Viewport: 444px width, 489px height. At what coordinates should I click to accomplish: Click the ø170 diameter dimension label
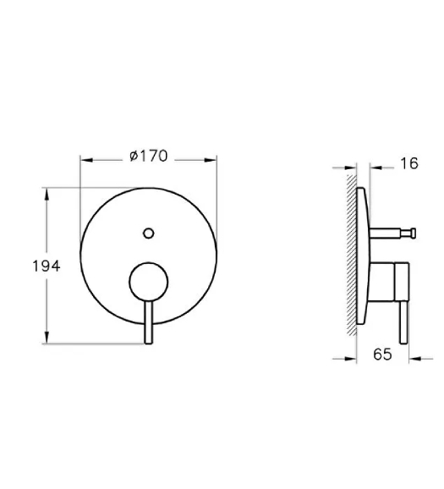click(149, 156)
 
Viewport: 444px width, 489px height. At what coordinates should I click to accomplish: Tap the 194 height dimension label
click(47, 266)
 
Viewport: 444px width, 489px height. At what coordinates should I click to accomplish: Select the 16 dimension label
click(409, 164)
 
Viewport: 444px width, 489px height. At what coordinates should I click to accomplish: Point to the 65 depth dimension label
click(382, 354)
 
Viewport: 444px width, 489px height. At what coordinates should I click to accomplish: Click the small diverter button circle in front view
click(148, 233)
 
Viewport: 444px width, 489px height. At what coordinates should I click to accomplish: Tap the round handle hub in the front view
click(148, 282)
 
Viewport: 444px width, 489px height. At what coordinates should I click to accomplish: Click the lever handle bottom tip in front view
click(149, 343)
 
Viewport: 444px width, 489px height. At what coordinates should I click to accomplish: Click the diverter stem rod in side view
click(385, 234)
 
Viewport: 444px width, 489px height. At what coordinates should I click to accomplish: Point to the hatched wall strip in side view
click(352, 255)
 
